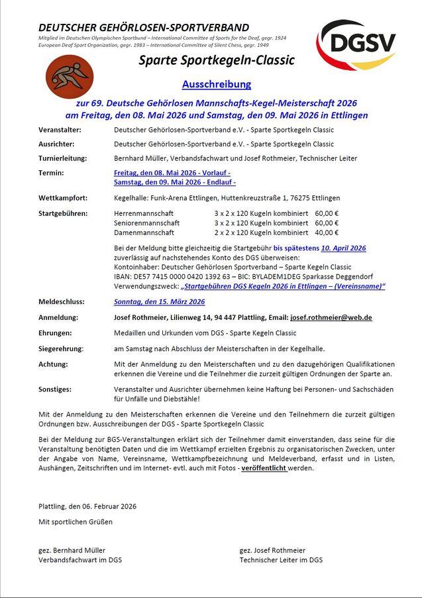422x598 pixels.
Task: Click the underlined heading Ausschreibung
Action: pos(217,84)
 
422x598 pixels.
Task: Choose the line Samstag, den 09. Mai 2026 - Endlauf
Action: pos(174,182)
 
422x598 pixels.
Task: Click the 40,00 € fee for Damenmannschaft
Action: pos(326,232)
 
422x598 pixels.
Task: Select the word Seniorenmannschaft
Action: pos(146,223)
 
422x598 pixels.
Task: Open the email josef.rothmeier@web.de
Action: pos(331,317)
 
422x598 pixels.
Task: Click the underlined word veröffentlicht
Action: pos(264,468)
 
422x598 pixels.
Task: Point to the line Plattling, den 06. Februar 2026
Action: pos(87,506)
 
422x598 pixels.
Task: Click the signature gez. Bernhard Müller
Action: pos(72,550)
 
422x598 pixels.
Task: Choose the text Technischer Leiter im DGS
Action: pos(281,560)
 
